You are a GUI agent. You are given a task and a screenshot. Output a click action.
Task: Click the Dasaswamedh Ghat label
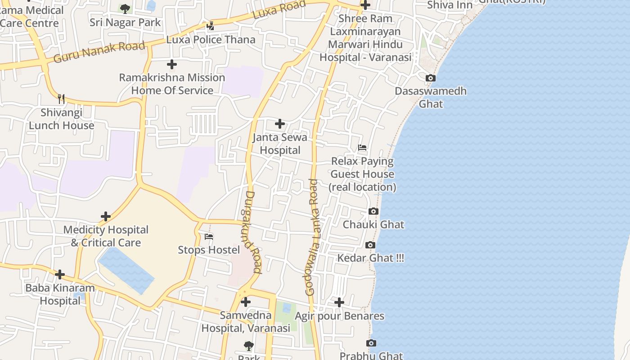click(431, 97)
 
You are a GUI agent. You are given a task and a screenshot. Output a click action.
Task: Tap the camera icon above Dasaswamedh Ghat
click(431, 78)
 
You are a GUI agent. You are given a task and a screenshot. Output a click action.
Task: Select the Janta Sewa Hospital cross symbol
click(280, 124)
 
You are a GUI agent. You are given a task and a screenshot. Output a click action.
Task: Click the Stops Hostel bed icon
click(209, 237)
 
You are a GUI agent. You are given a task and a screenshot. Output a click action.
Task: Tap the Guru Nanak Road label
click(99, 52)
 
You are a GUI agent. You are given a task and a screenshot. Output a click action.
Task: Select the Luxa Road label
click(279, 9)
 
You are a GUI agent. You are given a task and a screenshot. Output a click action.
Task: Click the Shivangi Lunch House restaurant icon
click(61, 99)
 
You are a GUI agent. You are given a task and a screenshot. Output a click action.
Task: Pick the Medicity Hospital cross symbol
click(106, 217)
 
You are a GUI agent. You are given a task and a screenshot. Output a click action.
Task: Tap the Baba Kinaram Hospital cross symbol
click(60, 274)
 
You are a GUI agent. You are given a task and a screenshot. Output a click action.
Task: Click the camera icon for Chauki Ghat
click(373, 211)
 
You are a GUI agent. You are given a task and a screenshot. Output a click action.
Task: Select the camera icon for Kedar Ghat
click(370, 245)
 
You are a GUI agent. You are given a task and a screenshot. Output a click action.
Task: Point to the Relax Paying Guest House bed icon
click(362, 148)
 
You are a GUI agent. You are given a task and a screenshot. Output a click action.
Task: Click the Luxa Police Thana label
click(211, 40)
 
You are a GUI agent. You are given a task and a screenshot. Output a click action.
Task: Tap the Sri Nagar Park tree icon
click(125, 8)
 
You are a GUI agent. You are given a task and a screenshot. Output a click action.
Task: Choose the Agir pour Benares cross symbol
click(339, 302)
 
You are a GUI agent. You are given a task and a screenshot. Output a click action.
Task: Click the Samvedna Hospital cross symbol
click(246, 302)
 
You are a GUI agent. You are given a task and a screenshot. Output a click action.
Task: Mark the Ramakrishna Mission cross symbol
click(172, 64)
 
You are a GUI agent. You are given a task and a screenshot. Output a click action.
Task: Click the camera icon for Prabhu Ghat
click(371, 343)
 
